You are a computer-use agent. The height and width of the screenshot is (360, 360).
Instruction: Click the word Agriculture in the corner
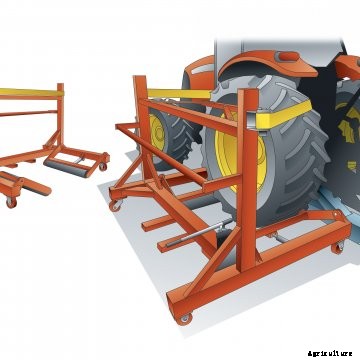(330, 353)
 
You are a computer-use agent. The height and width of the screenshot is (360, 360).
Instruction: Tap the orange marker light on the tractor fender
(289, 56)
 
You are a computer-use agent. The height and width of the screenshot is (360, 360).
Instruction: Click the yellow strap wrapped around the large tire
(284, 114)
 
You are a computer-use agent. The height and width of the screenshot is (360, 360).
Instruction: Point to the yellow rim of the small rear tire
(156, 132)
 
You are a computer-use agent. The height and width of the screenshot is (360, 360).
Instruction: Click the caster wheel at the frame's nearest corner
(184, 318)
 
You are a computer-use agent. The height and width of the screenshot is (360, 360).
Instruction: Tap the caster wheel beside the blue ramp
(337, 248)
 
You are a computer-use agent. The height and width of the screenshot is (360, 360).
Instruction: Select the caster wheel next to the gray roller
(103, 167)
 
